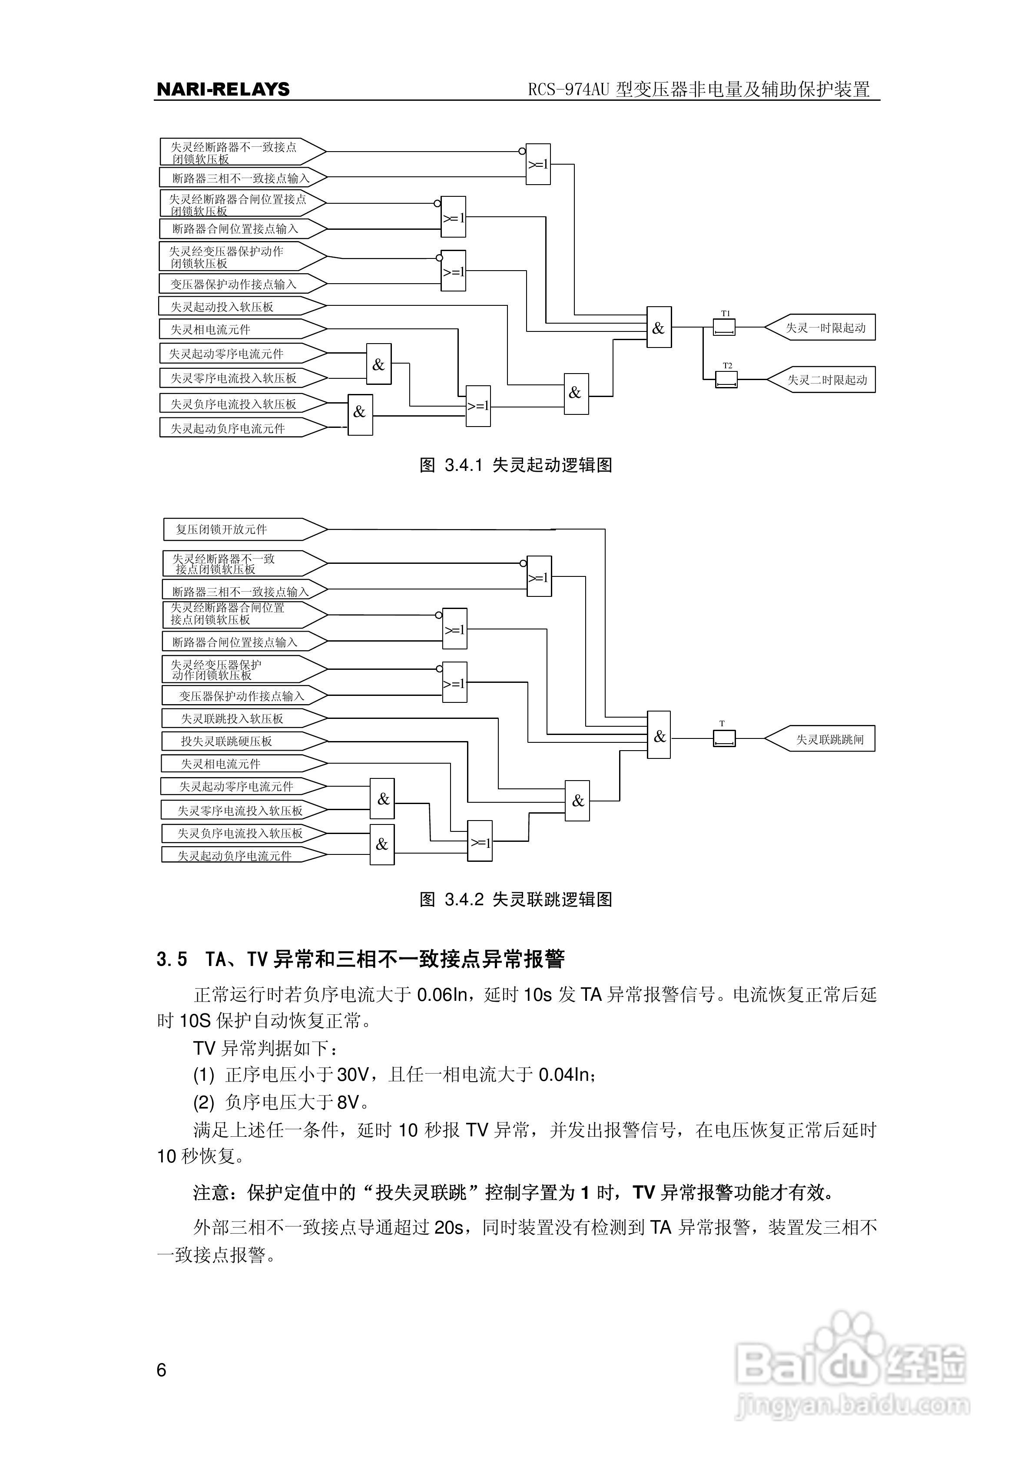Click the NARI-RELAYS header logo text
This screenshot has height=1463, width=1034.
(x=223, y=89)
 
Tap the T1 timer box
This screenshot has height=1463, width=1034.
(x=724, y=328)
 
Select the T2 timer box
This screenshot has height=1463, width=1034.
(x=726, y=380)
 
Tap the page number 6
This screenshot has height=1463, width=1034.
(x=161, y=1370)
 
